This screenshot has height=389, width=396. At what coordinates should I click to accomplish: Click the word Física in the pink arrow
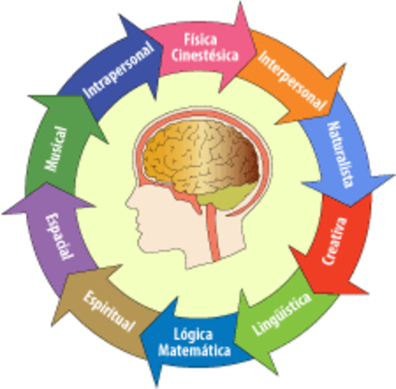point(200,40)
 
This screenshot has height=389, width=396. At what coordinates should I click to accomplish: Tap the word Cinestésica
point(205,55)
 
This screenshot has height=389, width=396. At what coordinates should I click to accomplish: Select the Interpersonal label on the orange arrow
point(293,80)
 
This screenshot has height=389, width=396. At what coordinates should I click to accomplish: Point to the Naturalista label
point(341,154)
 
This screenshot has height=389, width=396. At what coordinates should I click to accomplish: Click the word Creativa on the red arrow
point(334,242)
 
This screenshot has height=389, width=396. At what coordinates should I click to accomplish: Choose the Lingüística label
point(281,314)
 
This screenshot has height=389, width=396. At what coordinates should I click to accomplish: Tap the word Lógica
point(194,335)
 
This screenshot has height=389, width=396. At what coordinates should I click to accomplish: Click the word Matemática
point(194,350)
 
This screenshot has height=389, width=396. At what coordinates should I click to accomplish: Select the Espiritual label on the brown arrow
point(109,311)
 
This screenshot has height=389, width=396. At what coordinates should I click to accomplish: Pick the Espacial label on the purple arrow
point(60,236)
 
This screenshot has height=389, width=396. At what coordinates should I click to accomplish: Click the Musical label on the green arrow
point(56,149)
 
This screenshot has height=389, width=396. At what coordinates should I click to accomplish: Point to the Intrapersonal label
point(119,70)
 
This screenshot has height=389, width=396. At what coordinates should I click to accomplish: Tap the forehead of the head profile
point(139,186)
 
